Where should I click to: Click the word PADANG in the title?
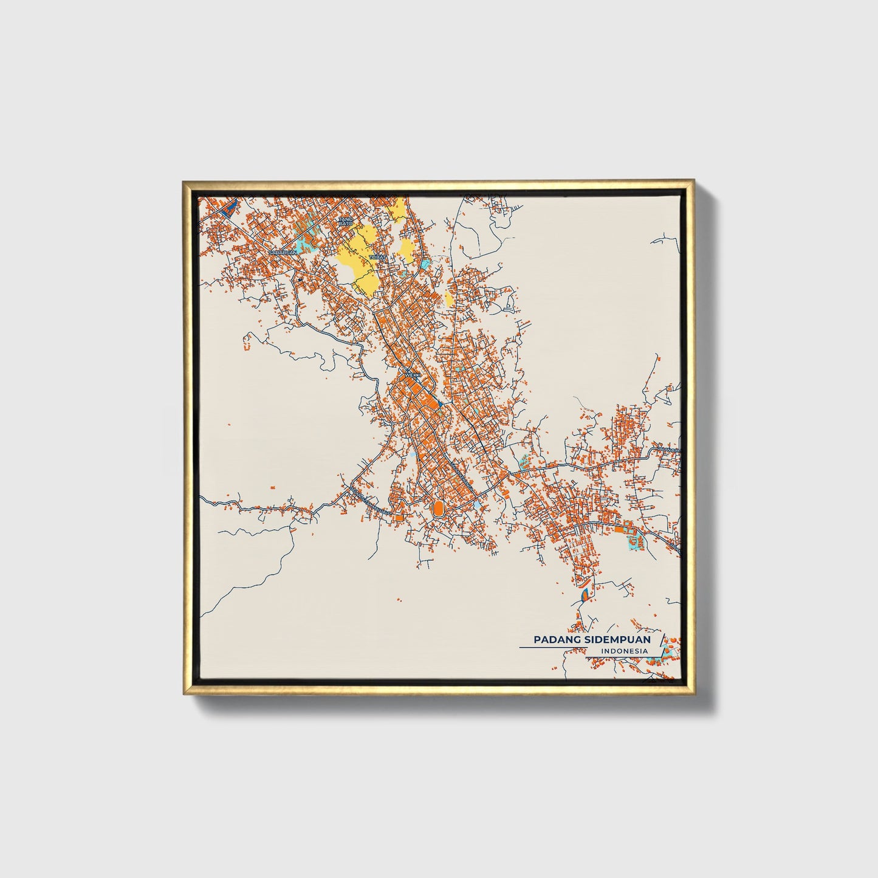(555, 640)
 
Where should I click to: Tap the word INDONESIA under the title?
(623, 651)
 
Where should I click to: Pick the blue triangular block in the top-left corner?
(228, 209)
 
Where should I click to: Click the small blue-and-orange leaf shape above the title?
(585, 594)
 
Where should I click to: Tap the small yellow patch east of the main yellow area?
(449, 298)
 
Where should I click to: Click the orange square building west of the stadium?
(399, 518)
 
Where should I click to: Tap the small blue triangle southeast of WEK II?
(439, 402)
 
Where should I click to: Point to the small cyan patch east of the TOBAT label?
(427, 264)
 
